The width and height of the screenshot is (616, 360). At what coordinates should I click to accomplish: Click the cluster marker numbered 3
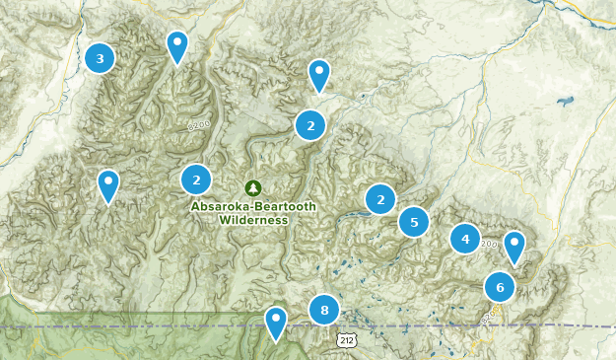(x=100, y=58)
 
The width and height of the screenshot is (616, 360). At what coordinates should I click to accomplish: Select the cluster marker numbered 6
(x=500, y=287)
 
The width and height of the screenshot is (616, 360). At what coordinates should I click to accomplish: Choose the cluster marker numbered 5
(x=414, y=222)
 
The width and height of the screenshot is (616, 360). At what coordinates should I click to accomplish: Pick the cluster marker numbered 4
(x=465, y=238)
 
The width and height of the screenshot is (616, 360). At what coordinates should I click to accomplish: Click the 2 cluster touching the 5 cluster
(x=380, y=199)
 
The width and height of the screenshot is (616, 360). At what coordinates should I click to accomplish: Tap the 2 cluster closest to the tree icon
(x=197, y=180)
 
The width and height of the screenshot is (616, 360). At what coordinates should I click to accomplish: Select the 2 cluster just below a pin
(x=310, y=125)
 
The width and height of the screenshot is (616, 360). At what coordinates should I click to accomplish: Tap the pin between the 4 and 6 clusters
(x=513, y=247)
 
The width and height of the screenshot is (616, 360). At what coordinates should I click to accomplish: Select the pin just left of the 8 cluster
(x=276, y=322)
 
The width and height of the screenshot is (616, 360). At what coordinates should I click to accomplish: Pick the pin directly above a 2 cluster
(x=318, y=75)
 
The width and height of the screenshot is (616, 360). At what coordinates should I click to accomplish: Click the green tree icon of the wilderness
(x=253, y=187)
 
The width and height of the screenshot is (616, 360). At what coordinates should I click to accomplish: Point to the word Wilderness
(x=253, y=220)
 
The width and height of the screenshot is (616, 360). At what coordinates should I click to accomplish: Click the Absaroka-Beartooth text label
(x=253, y=206)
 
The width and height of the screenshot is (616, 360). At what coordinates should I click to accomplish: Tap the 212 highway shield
(x=344, y=340)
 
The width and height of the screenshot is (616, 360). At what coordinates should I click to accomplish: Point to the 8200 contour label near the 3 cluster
(x=200, y=126)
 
